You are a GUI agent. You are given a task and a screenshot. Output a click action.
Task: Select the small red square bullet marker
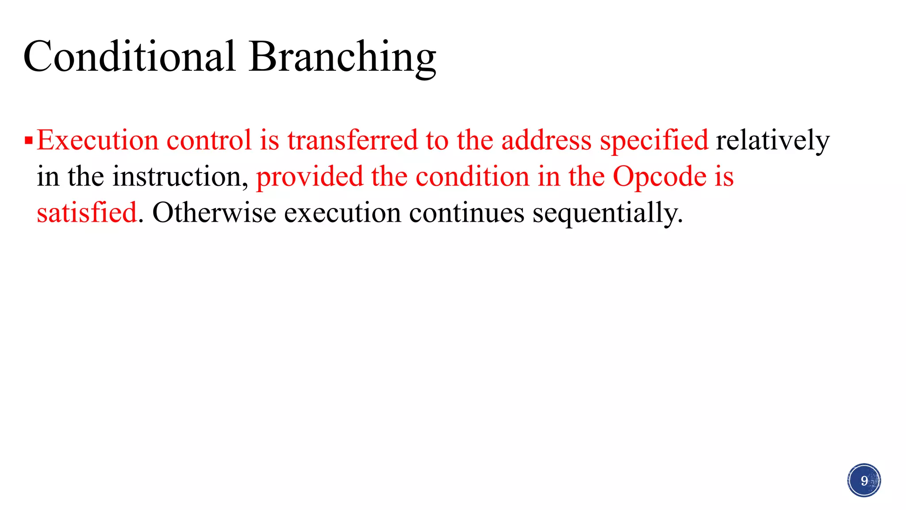[29, 141]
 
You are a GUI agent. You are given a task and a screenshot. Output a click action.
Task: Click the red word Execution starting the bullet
[97, 140]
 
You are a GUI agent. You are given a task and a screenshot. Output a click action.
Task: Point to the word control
[209, 140]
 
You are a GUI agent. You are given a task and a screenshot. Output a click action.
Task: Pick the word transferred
[352, 140]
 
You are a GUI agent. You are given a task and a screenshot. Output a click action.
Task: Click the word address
[546, 140]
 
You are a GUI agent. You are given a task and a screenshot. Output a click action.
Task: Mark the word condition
[472, 177]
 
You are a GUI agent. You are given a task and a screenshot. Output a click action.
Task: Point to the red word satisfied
[87, 212]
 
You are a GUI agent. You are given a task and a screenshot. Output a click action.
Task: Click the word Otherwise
[214, 212]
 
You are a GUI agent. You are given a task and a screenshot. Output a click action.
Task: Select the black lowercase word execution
[342, 213]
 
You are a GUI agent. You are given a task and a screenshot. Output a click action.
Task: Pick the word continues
[467, 213]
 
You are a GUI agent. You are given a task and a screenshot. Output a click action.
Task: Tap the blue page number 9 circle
[864, 480]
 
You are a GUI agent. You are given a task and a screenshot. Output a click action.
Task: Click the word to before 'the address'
[437, 141]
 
